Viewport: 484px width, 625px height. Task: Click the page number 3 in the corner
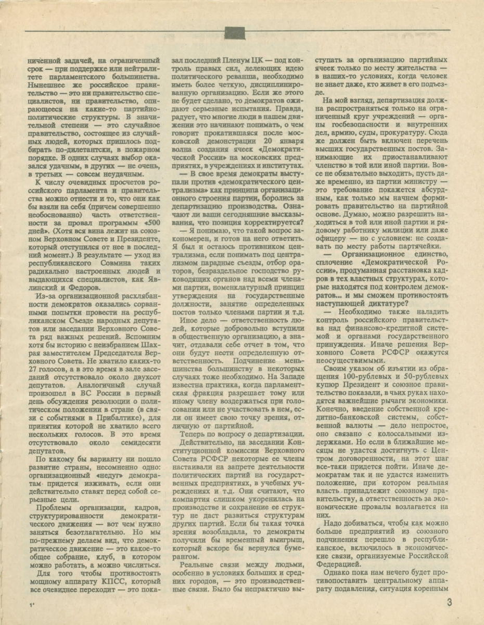pyautogui.click(x=449, y=603)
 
